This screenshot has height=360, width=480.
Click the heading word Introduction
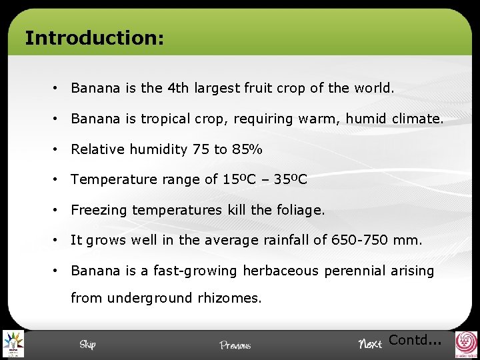pos(93,37)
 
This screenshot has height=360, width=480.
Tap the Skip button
pos(87,344)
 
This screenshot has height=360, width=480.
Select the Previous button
pos(235,345)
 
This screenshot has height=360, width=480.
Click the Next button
pos(370,344)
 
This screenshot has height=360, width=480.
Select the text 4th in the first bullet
pos(179,87)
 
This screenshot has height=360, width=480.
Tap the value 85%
pos(247,149)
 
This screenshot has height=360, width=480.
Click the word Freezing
pos(99,211)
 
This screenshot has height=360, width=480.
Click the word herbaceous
pos(283,271)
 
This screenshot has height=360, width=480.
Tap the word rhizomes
pos(229,298)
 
